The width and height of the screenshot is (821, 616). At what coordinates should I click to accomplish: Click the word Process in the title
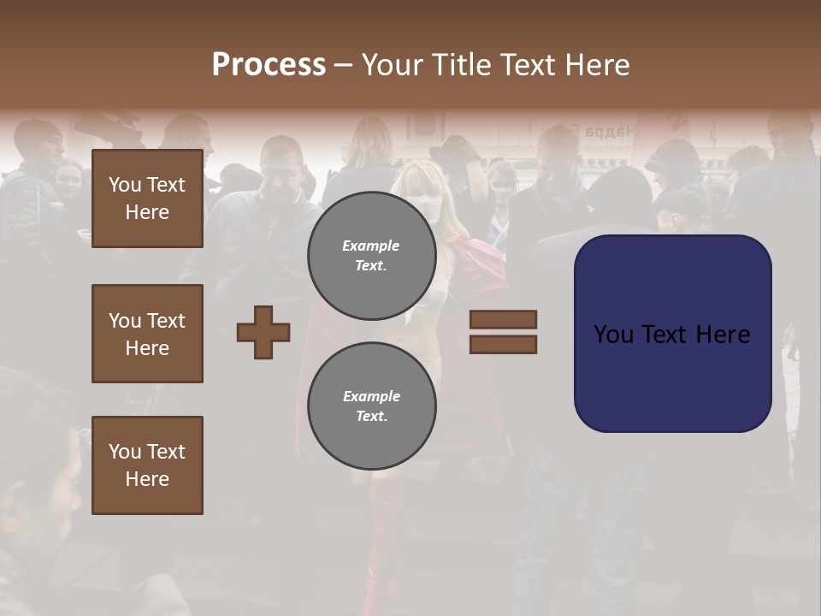tap(269, 65)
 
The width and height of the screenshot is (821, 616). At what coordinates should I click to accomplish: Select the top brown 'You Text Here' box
tap(147, 198)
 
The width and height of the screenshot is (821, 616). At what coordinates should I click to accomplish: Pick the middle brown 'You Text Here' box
tap(147, 334)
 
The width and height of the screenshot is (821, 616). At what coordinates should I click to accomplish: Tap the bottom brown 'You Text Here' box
tap(147, 465)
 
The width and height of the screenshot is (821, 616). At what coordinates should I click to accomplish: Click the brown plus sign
tap(263, 332)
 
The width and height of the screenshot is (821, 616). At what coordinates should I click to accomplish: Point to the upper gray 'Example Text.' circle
tap(371, 256)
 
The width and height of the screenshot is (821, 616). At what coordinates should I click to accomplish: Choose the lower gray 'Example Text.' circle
tap(371, 406)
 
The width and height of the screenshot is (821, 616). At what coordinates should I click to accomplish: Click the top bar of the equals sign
tap(503, 319)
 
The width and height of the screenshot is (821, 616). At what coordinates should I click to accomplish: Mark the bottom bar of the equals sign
tap(503, 344)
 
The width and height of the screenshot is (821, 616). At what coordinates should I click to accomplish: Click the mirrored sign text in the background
tap(609, 132)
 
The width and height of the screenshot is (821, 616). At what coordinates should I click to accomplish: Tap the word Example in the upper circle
tap(371, 246)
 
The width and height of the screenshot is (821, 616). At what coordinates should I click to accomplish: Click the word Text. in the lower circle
tap(371, 417)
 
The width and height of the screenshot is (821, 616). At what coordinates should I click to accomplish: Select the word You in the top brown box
tap(125, 185)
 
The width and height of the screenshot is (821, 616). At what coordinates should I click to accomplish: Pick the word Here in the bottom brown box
tap(147, 479)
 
